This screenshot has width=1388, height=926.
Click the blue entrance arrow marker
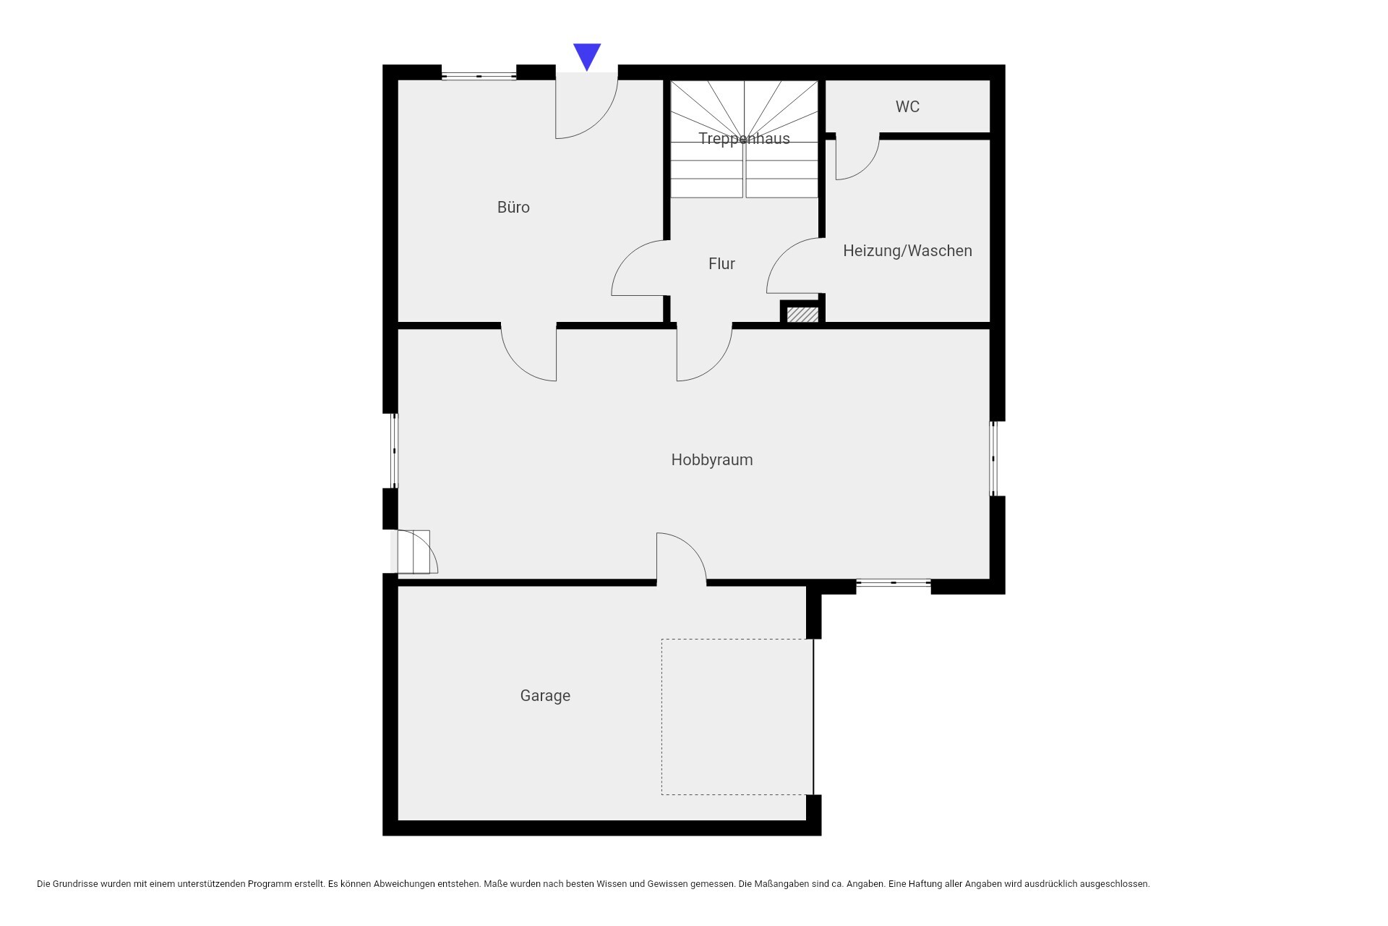587,56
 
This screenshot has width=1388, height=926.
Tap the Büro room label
513,208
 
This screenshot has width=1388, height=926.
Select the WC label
907,106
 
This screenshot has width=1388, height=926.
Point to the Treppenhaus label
744,138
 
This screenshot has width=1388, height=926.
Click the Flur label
721,264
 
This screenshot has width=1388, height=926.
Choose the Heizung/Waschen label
907,250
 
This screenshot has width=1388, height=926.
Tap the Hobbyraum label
712,460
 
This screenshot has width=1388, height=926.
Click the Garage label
545,696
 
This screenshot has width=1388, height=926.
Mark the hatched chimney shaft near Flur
802,315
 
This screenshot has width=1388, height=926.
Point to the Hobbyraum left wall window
394,451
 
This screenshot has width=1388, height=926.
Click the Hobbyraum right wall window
993,459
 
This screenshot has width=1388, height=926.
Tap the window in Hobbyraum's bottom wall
894,582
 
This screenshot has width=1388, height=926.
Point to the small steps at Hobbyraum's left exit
414,552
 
